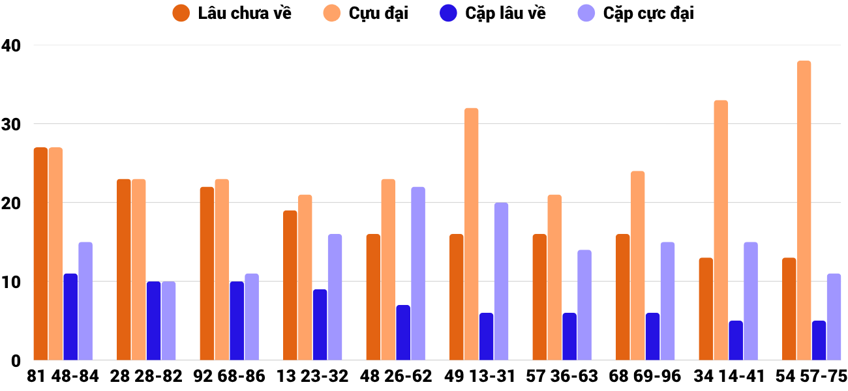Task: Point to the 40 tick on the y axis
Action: click(11, 46)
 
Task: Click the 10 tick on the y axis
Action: click(11, 282)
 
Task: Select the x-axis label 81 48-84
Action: click(63, 377)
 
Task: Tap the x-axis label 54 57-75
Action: click(811, 377)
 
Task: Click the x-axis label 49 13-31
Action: click(479, 377)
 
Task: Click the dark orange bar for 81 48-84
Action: click(40, 254)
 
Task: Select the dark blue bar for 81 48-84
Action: click(70, 317)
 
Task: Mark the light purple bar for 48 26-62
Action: click(418, 274)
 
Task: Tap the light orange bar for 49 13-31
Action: click(471, 234)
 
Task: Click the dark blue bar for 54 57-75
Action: click(819, 340)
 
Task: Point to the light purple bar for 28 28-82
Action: click(168, 321)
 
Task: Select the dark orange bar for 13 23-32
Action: click(290, 285)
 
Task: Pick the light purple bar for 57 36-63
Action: click(584, 305)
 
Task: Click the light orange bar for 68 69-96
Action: click(637, 266)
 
